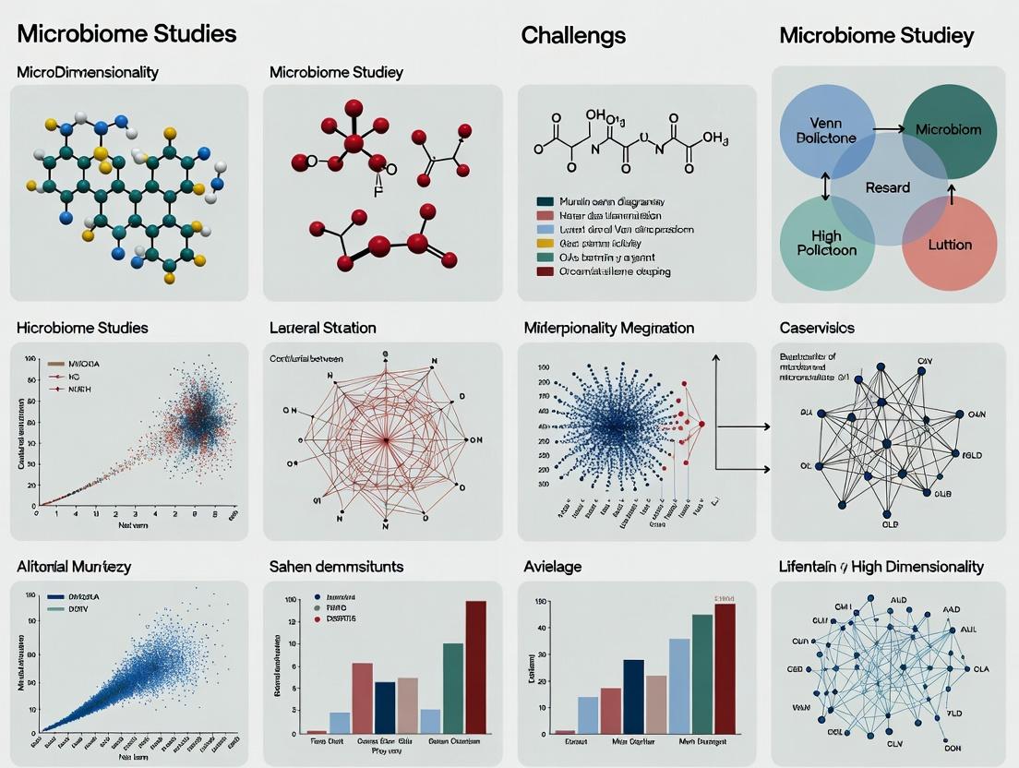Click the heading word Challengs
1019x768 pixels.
[573, 36]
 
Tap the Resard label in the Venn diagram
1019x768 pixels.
[887, 187]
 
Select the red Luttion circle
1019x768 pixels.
[949, 244]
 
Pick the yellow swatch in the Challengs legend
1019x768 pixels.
[545, 243]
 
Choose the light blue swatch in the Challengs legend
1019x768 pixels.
[545, 229]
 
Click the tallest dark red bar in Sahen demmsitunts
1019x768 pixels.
[475, 666]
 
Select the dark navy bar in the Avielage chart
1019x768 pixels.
[633, 696]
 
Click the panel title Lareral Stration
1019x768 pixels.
[322, 328]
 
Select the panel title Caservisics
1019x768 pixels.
[817, 328]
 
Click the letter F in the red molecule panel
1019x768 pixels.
[377, 194]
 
